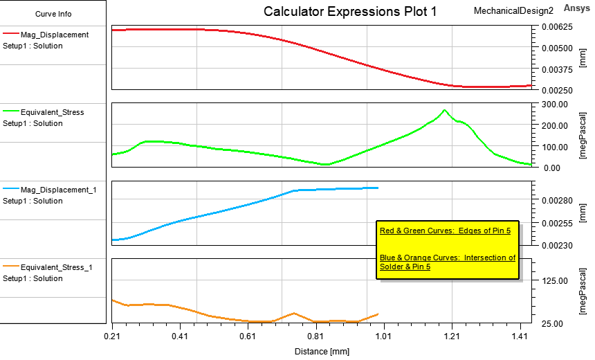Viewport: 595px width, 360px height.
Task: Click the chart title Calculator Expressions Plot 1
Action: click(x=350, y=12)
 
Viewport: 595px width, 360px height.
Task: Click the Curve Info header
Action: click(x=53, y=14)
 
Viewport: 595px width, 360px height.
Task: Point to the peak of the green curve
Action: click(x=444, y=110)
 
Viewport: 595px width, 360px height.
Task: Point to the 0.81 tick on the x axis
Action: click(x=315, y=336)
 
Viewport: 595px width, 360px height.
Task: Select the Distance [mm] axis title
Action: click(x=322, y=351)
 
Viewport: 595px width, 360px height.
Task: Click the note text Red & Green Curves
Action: click(x=445, y=231)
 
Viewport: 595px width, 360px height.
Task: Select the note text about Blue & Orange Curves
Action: click(x=447, y=262)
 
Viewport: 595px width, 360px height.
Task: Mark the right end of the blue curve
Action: click(x=378, y=188)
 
